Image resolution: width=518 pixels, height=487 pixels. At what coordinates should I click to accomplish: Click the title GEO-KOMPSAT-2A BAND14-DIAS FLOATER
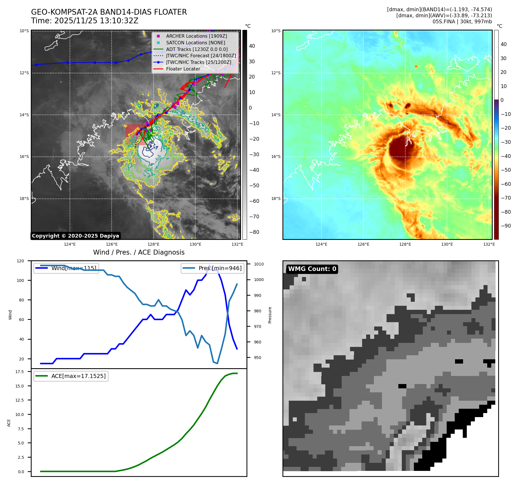coord(109,12)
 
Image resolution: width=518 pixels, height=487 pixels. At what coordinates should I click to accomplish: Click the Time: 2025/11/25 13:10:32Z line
coord(85,21)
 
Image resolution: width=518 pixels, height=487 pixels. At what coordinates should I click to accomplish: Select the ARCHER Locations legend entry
coord(196,36)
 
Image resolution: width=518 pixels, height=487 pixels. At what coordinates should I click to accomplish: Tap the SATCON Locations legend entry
coord(195,43)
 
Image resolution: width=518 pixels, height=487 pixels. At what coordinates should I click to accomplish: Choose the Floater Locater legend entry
coord(183,69)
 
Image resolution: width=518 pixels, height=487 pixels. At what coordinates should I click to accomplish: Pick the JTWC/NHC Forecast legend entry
coord(201,56)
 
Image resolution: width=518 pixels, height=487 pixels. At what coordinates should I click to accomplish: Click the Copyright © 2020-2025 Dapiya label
coord(75,236)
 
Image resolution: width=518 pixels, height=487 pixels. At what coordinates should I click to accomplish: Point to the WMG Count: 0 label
coord(312,269)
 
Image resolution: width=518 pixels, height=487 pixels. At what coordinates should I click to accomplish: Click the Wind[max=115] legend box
coord(66,268)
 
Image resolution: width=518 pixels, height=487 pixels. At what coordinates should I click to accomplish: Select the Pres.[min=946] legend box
coord(213,268)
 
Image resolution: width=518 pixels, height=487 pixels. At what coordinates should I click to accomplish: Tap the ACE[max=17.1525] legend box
coord(71,376)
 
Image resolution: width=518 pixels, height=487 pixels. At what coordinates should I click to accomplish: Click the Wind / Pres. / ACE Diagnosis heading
coord(139,252)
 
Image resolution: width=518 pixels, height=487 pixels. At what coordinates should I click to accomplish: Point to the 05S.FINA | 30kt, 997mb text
coord(462,22)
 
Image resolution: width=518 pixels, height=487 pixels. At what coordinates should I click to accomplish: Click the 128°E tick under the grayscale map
coord(154,244)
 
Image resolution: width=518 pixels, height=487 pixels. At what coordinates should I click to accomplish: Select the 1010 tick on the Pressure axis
coord(259,264)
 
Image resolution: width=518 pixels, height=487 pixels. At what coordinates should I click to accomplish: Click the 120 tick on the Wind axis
coord(20,261)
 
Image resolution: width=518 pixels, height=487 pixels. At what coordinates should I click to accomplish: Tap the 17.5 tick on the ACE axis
coord(20,372)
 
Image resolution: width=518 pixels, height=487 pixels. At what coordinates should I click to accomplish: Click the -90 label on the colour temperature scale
coord(506,226)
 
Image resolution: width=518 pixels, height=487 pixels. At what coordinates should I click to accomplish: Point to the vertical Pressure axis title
coord(270,315)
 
